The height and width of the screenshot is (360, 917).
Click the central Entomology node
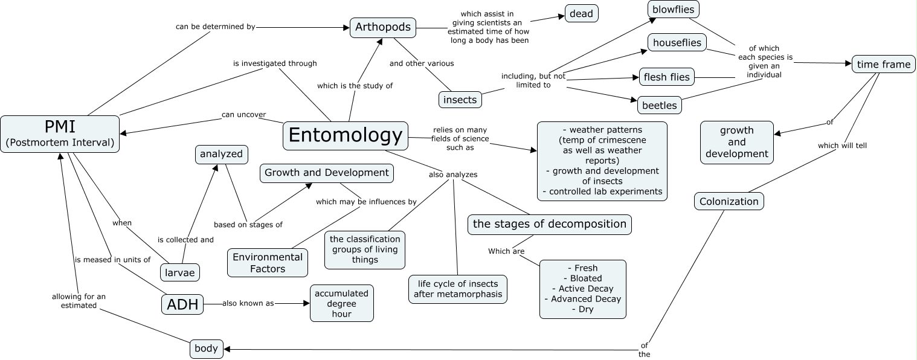point(345,135)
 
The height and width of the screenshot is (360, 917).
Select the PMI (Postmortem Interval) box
point(60,134)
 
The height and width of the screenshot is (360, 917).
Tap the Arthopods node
point(383,27)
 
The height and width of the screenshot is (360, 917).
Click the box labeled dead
point(581,13)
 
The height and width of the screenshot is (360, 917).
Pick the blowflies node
point(673,10)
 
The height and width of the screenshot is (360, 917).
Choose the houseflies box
point(677,43)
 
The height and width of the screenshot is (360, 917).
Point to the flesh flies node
point(666,77)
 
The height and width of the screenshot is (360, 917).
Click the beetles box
point(659,105)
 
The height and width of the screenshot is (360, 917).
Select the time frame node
point(883,64)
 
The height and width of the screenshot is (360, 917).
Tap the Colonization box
point(729,201)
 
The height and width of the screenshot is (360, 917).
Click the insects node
point(460,100)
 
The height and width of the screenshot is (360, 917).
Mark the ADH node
point(182,304)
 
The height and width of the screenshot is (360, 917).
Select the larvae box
point(180,272)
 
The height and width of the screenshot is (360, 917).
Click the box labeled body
point(206,349)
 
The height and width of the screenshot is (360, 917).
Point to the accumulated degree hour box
point(341,303)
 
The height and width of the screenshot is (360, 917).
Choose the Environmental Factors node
point(268,263)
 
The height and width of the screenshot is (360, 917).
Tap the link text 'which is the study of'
point(355,86)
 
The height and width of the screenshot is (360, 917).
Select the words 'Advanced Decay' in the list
point(582,299)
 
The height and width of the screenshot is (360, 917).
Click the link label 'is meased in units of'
point(112,260)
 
